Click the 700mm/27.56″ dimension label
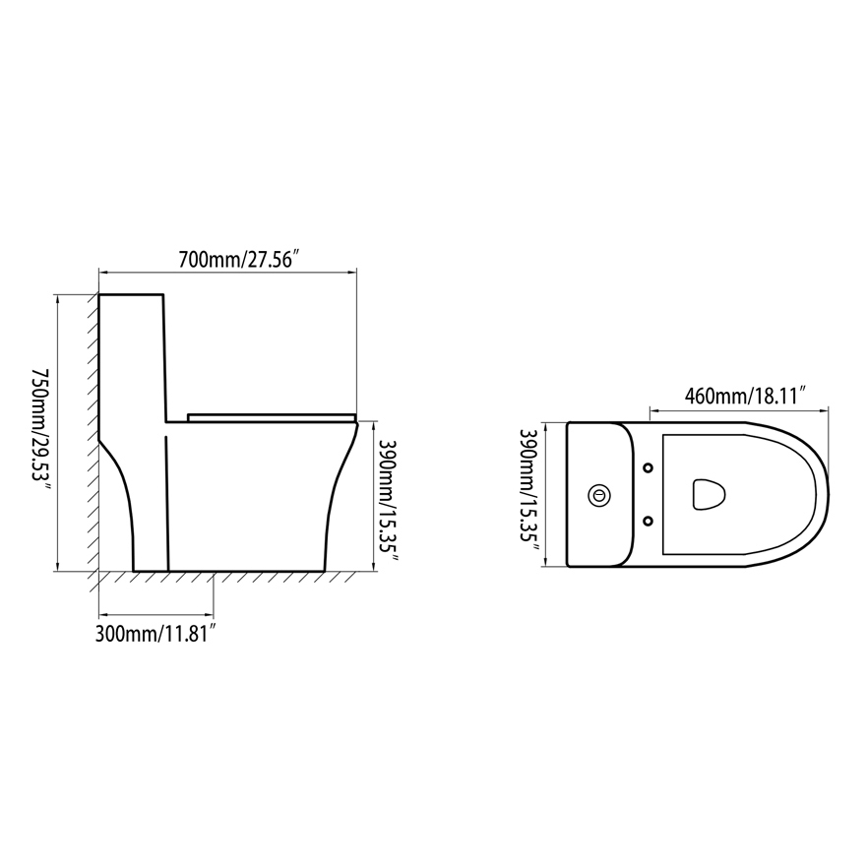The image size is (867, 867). (x=238, y=260)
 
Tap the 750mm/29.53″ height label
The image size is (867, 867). (x=40, y=432)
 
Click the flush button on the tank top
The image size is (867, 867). (x=596, y=495)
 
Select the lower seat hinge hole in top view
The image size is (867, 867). (x=649, y=521)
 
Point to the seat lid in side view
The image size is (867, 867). (x=271, y=416)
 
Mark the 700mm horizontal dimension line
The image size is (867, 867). (x=226, y=272)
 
